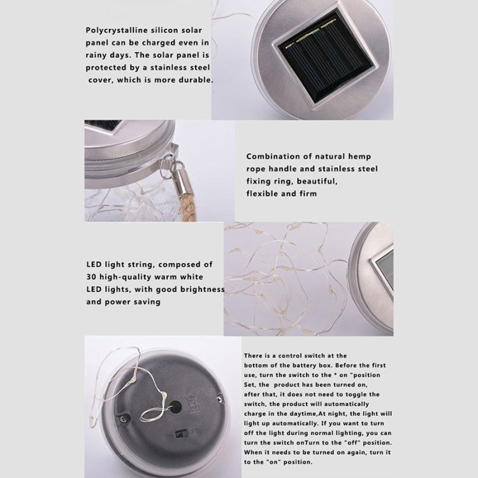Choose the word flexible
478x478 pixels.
point(263,194)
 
